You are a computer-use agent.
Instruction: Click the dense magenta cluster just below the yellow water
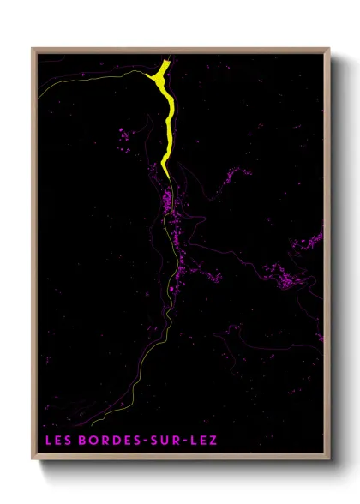pos(168,202)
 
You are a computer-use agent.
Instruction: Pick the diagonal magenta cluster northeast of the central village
pos(230,180)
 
